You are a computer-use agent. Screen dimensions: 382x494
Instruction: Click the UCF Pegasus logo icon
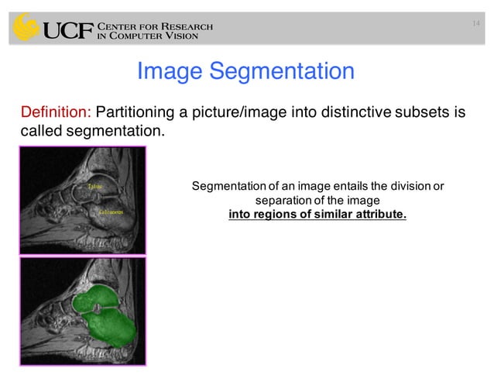point(25,28)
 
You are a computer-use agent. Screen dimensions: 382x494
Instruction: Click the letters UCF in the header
point(67,30)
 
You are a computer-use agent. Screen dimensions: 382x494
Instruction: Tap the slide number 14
point(477,26)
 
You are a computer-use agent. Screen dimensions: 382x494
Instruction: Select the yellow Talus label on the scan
point(94,188)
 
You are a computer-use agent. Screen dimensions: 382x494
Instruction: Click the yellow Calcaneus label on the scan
point(111,211)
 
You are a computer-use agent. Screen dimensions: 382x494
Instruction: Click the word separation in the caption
point(293,199)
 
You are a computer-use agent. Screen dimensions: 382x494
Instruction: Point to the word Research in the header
point(184,26)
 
